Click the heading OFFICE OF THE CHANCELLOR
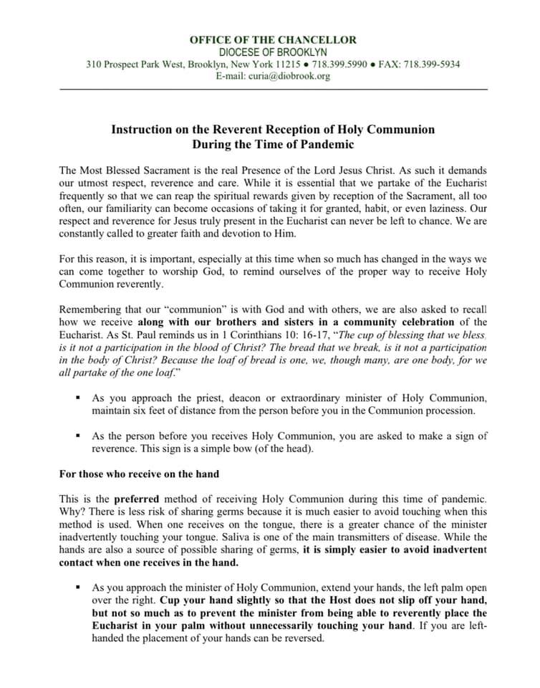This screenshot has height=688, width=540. click(273, 40)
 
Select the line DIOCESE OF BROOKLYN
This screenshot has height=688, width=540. click(273, 52)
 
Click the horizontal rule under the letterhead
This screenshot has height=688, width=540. click(273, 89)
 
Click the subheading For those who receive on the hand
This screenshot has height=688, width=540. click(139, 473)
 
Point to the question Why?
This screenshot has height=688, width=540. click(73, 510)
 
